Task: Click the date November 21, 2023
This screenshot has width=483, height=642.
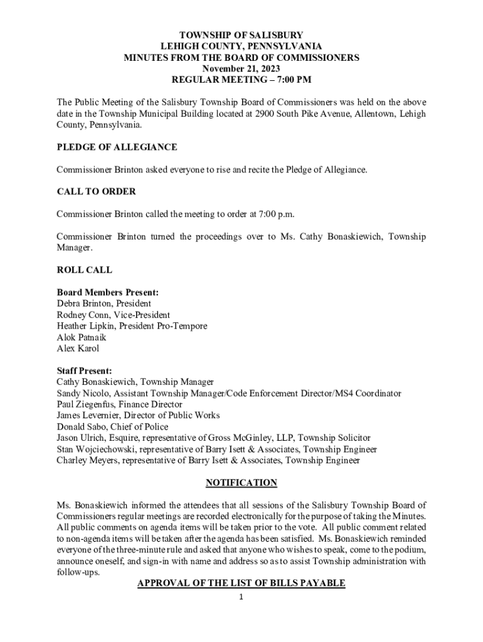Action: tap(241, 68)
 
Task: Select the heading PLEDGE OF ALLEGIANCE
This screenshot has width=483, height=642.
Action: tap(117, 147)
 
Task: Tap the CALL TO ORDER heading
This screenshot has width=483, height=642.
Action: tap(96, 191)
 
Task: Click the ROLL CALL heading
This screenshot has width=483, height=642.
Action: tap(85, 270)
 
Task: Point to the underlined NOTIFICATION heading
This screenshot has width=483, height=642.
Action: tap(242, 483)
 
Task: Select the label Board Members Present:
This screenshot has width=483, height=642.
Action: tap(107, 292)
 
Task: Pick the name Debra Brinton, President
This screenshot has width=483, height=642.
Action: tap(103, 303)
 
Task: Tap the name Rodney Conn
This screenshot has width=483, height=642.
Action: tap(81, 315)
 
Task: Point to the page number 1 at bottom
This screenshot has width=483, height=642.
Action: tap(241, 597)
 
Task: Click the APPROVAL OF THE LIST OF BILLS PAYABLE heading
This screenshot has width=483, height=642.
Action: tap(242, 584)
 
